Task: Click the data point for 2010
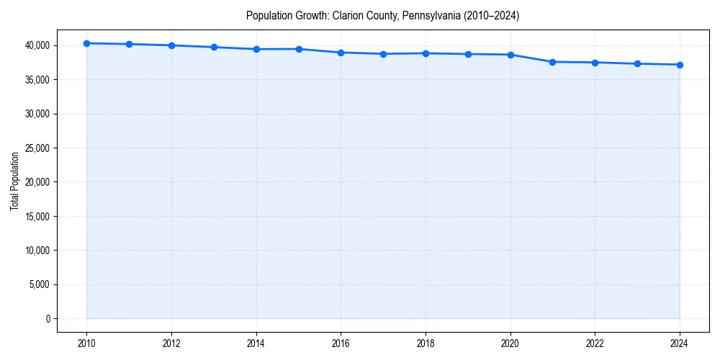(86, 43)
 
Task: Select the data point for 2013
(214, 48)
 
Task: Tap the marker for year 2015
(299, 49)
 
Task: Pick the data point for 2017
(383, 54)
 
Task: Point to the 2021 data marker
(553, 62)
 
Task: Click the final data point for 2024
(680, 65)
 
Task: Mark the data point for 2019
(468, 54)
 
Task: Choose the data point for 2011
(129, 44)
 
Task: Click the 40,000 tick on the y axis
(37, 45)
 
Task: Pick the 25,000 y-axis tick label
(37, 148)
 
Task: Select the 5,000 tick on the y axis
(39, 284)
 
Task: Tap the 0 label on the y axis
(48, 319)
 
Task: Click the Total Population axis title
(14, 181)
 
